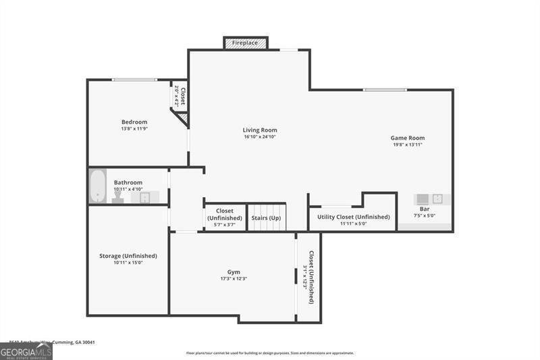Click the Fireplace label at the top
click(245, 43)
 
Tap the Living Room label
click(260, 130)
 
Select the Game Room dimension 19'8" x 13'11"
click(408, 145)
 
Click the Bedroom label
click(134, 122)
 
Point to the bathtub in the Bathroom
click(99, 186)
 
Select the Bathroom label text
click(128, 182)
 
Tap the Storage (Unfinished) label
click(128, 256)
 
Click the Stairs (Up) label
click(266, 218)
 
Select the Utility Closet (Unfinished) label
click(354, 217)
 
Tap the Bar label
click(425, 209)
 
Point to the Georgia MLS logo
click(26, 351)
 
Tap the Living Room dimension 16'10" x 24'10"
click(260, 137)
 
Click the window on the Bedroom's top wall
click(134, 80)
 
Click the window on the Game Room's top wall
click(384, 90)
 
